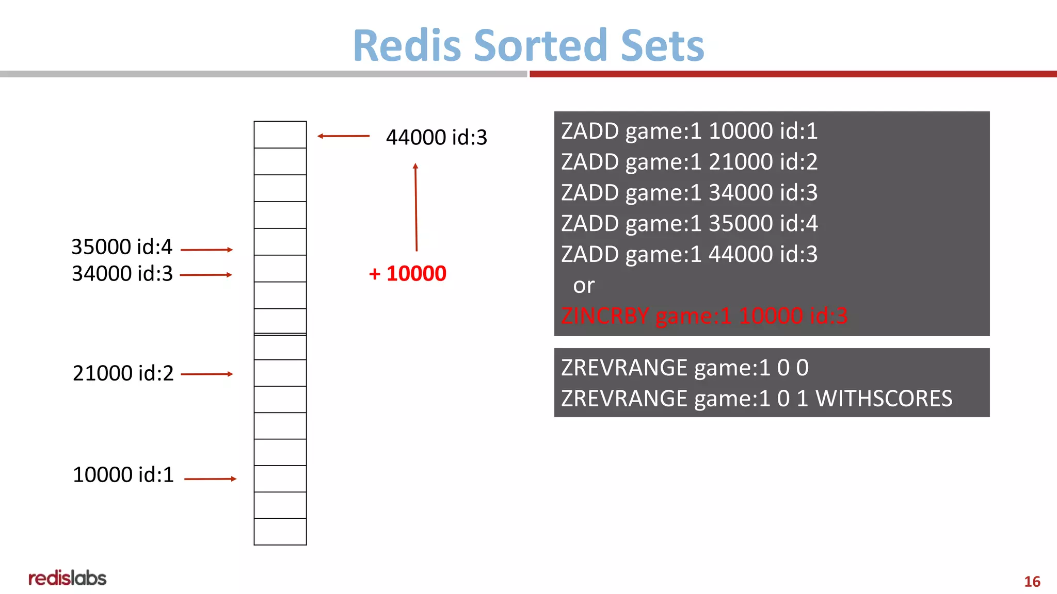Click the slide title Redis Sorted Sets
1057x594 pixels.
click(528, 45)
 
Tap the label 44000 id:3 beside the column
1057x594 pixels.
click(436, 138)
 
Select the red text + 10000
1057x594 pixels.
click(408, 274)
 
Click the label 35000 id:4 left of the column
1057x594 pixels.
click(122, 247)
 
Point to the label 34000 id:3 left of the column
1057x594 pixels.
click(122, 274)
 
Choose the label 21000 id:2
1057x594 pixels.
click(123, 373)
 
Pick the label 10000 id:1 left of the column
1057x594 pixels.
click(123, 475)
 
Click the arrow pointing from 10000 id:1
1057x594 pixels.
click(210, 479)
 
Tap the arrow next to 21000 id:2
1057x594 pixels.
click(207, 374)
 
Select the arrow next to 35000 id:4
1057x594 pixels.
click(206, 250)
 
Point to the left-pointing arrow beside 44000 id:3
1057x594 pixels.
click(343, 136)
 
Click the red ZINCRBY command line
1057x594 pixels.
click(704, 316)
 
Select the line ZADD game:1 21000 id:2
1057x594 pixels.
click(689, 162)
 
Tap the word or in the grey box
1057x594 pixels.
click(584, 286)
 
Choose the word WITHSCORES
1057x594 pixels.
click(884, 399)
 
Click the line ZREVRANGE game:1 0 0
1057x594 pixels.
click(684, 368)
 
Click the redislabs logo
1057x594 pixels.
click(68, 578)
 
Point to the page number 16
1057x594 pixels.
click(1032, 582)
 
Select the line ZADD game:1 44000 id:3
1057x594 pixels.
click(689, 254)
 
